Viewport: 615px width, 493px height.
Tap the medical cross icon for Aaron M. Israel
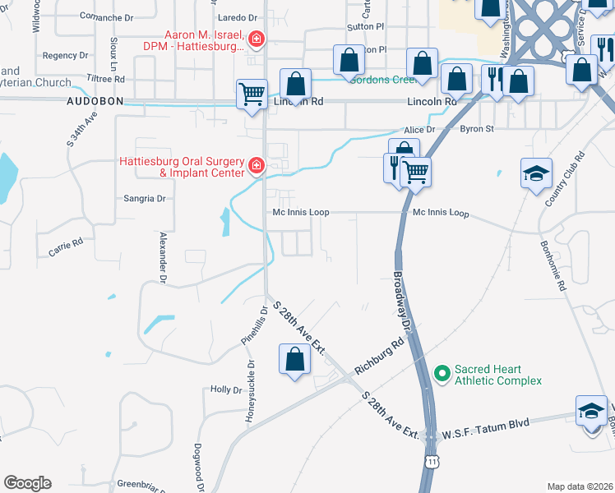pyautogui.click(x=257, y=39)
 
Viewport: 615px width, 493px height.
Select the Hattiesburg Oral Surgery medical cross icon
pyautogui.click(x=257, y=167)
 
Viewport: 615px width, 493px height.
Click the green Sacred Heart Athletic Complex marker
pyautogui.click(x=442, y=374)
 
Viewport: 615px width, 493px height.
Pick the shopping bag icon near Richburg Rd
pyautogui.click(x=294, y=359)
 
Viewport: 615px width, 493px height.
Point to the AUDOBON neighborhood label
pyautogui.click(x=95, y=101)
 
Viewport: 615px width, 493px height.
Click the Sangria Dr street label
pyautogui.click(x=145, y=198)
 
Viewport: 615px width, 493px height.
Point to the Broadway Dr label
pyautogui.click(x=401, y=301)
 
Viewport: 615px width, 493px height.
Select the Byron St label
pyautogui.click(x=476, y=129)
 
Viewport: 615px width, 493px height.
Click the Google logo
pyautogui.click(x=27, y=483)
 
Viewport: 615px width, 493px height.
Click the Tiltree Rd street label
pyautogui.click(x=108, y=80)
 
